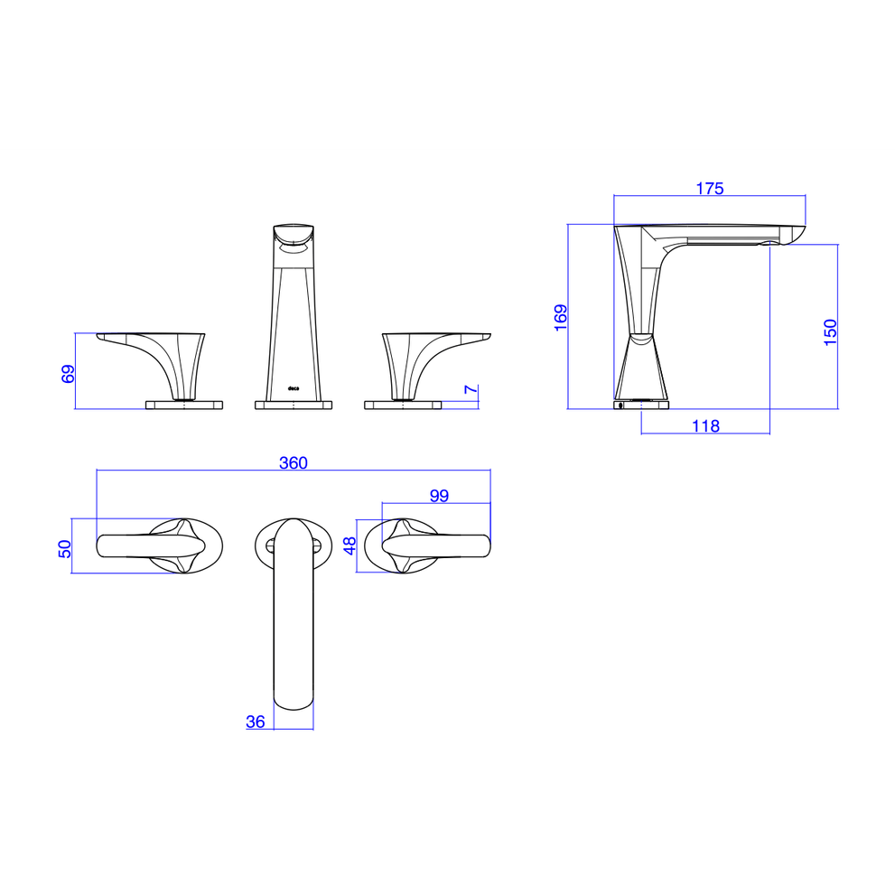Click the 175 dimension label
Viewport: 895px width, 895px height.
pyautogui.click(x=710, y=189)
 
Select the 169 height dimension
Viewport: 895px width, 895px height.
pyautogui.click(x=561, y=317)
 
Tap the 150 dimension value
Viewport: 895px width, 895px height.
pyautogui.click(x=830, y=331)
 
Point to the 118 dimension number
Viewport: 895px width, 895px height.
pyautogui.click(x=705, y=425)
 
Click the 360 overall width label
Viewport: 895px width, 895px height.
pyautogui.click(x=294, y=462)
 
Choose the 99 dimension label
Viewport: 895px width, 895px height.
pyautogui.click(x=439, y=496)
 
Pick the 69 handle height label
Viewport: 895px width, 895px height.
pyautogui.click(x=68, y=374)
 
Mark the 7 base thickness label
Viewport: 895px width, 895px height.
pyautogui.click(x=471, y=389)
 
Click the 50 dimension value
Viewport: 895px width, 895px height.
pyautogui.click(x=64, y=548)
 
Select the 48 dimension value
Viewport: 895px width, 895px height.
pyautogui.click(x=350, y=545)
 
